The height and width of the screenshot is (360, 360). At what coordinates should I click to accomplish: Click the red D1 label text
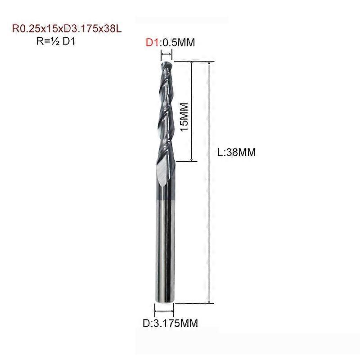[x=152, y=42]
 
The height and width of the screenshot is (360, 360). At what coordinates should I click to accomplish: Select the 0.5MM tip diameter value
[x=177, y=42]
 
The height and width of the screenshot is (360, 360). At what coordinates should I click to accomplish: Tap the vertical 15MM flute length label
[x=184, y=117]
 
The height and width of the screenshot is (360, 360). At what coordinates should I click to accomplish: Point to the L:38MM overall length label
[x=237, y=152]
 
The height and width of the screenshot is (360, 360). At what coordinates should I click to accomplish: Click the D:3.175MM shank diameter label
[x=170, y=323]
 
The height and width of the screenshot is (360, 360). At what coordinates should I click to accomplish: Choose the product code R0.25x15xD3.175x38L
[x=67, y=29]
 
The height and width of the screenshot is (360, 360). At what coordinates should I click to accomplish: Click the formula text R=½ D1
[x=56, y=41]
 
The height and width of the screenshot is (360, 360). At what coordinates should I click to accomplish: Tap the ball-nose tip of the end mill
[x=166, y=65]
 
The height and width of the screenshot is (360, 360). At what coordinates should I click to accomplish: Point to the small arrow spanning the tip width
[x=166, y=54]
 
